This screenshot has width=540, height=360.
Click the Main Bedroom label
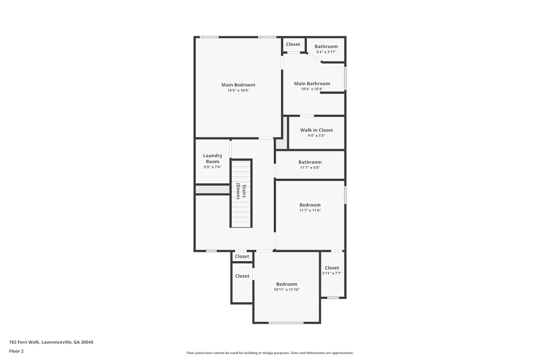(x=238, y=85)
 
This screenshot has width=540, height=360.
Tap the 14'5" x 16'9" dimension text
(x=238, y=90)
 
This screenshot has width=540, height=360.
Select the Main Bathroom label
(x=312, y=84)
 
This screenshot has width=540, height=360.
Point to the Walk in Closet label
(x=316, y=130)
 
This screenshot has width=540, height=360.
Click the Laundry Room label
(x=212, y=158)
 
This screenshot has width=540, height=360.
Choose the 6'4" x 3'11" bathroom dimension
(x=326, y=52)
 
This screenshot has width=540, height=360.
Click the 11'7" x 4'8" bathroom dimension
(x=310, y=168)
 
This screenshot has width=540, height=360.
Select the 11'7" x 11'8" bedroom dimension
(x=310, y=210)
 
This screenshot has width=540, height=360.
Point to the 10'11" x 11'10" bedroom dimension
(x=287, y=289)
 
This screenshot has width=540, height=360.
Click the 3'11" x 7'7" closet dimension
(x=332, y=273)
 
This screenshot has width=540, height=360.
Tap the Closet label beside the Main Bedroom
(x=293, y=44)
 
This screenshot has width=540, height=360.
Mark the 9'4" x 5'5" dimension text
(x=316, y=135)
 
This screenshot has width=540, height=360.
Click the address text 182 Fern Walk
(x=24, y=342)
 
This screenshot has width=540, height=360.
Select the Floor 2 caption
(x=17, y=351)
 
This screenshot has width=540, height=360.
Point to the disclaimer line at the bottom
(x=270, y=353)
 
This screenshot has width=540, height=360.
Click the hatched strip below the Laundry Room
(x=212, y=189)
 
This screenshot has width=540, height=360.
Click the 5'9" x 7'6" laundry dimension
(x=212, y=167)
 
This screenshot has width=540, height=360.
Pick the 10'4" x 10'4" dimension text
(x=312, y=89)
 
